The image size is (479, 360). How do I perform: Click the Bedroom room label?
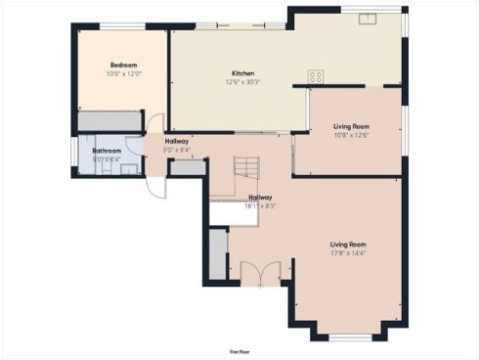[x=123, y=65]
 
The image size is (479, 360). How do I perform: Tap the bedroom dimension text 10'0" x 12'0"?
[x=123, y=73]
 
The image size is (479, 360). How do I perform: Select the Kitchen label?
[x=242, y=73]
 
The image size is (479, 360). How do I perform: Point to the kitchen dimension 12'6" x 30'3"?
[x=242, y=82]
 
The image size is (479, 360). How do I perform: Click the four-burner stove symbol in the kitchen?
[x=316, y=76]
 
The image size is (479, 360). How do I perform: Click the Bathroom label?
[x=107, y=151]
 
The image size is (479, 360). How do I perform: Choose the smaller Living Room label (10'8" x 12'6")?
[x=350, y=126]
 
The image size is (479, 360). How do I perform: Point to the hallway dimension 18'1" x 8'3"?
[x=260, y=206]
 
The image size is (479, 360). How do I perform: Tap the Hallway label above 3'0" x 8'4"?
[x=177, y=142]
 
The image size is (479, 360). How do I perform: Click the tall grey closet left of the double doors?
[x=216, y=253]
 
